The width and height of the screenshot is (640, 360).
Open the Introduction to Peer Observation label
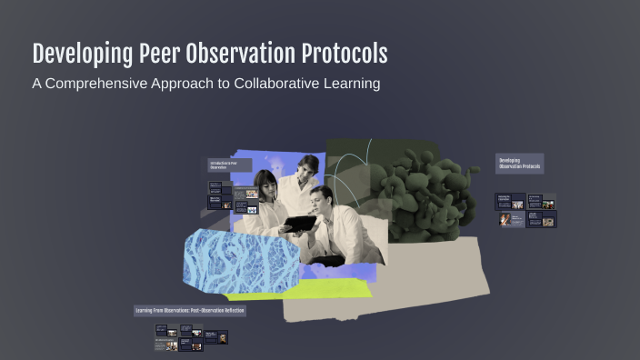(x=225, y=165)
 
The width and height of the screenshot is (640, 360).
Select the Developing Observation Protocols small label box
(x=519, y=164)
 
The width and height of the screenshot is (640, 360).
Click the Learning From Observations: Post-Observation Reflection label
(x=189, y=311)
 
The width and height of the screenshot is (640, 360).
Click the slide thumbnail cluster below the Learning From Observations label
(x=190, y=339)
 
